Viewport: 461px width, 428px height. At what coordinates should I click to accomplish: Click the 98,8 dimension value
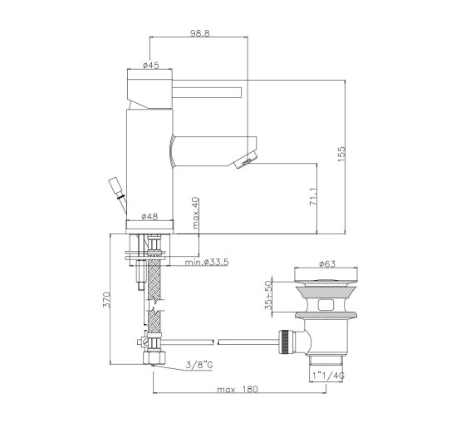coord(199,32)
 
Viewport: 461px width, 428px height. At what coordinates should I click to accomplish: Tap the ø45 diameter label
coord(151,65)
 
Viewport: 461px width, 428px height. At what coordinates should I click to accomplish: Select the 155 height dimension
coord(341,154)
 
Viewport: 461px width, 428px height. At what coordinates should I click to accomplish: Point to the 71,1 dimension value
coord(313,197)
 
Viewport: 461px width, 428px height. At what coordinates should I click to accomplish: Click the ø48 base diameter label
coord(150,217)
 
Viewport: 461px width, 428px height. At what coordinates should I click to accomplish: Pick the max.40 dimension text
coord(195,213)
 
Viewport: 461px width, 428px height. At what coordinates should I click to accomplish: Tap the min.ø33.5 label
coord(207,262)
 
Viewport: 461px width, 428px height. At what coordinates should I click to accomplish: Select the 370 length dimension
coord(106,299)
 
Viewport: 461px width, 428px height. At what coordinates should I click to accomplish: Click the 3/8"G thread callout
coord(199,365)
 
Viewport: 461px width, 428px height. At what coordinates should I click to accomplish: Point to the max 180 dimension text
coord(238,389)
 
